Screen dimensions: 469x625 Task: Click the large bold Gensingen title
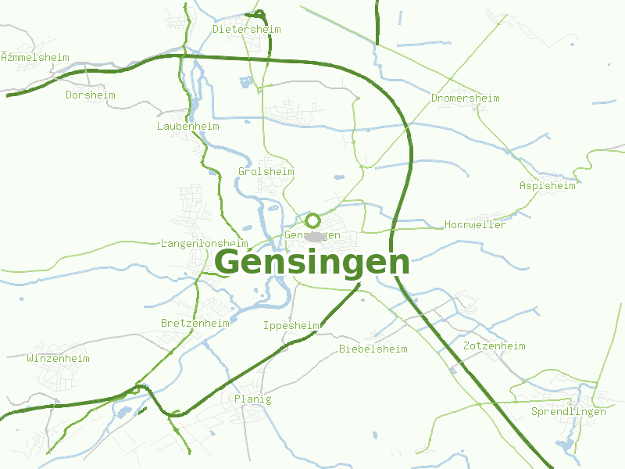(x=312, y=262)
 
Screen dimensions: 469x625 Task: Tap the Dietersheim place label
(x=246, y=30)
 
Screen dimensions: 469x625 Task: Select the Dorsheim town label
(x=90, y=95)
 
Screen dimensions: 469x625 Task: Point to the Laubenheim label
(x=187, y=127)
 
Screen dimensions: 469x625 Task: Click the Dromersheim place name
(x=465, y=98)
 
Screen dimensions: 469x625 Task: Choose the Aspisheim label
(x=547, y=186)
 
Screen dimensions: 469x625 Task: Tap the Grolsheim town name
(x=266, y=172)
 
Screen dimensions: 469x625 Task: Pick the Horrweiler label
(x=475, y=225)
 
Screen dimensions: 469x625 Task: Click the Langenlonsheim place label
(x=204, y=244)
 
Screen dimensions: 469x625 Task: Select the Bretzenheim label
(x=195, y=324)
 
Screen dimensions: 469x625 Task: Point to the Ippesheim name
(x=291, y=326)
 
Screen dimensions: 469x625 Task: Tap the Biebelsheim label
(x=373, y=349)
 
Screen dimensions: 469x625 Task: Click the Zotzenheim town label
(x=494, y=346)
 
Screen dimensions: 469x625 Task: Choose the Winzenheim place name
(x=58, y=359)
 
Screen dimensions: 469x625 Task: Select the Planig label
(x=253, y=399)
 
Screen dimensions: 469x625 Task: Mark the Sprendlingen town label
(x=568, y=412)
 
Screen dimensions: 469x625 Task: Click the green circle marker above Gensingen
(x=312, y=220)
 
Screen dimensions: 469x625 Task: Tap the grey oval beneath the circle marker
(x=314, y=236)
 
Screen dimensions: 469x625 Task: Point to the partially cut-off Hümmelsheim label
(x=34, y=58)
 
